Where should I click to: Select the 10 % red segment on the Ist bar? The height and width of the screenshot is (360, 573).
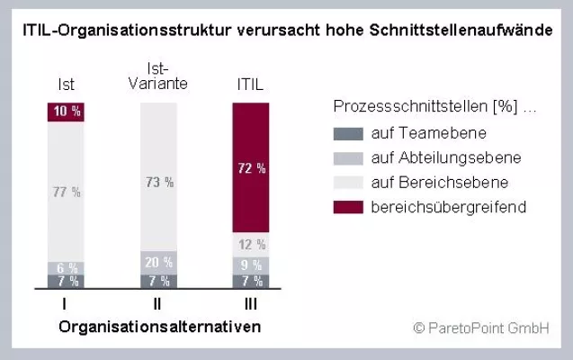pyautogui.click(x=66, y=112)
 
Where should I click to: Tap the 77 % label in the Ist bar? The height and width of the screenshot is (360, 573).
pyautogui.click(x=66, y=192)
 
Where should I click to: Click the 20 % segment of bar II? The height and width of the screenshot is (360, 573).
pyautogui.click(x=158, y=262)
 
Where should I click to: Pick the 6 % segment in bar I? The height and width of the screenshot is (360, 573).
pyautogui.click(x=66, y=268)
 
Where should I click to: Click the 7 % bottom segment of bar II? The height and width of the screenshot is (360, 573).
pyautogui.click(x=158, y=281)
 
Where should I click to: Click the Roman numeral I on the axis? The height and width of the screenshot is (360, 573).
pyautogui.click(x=66, y=304)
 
